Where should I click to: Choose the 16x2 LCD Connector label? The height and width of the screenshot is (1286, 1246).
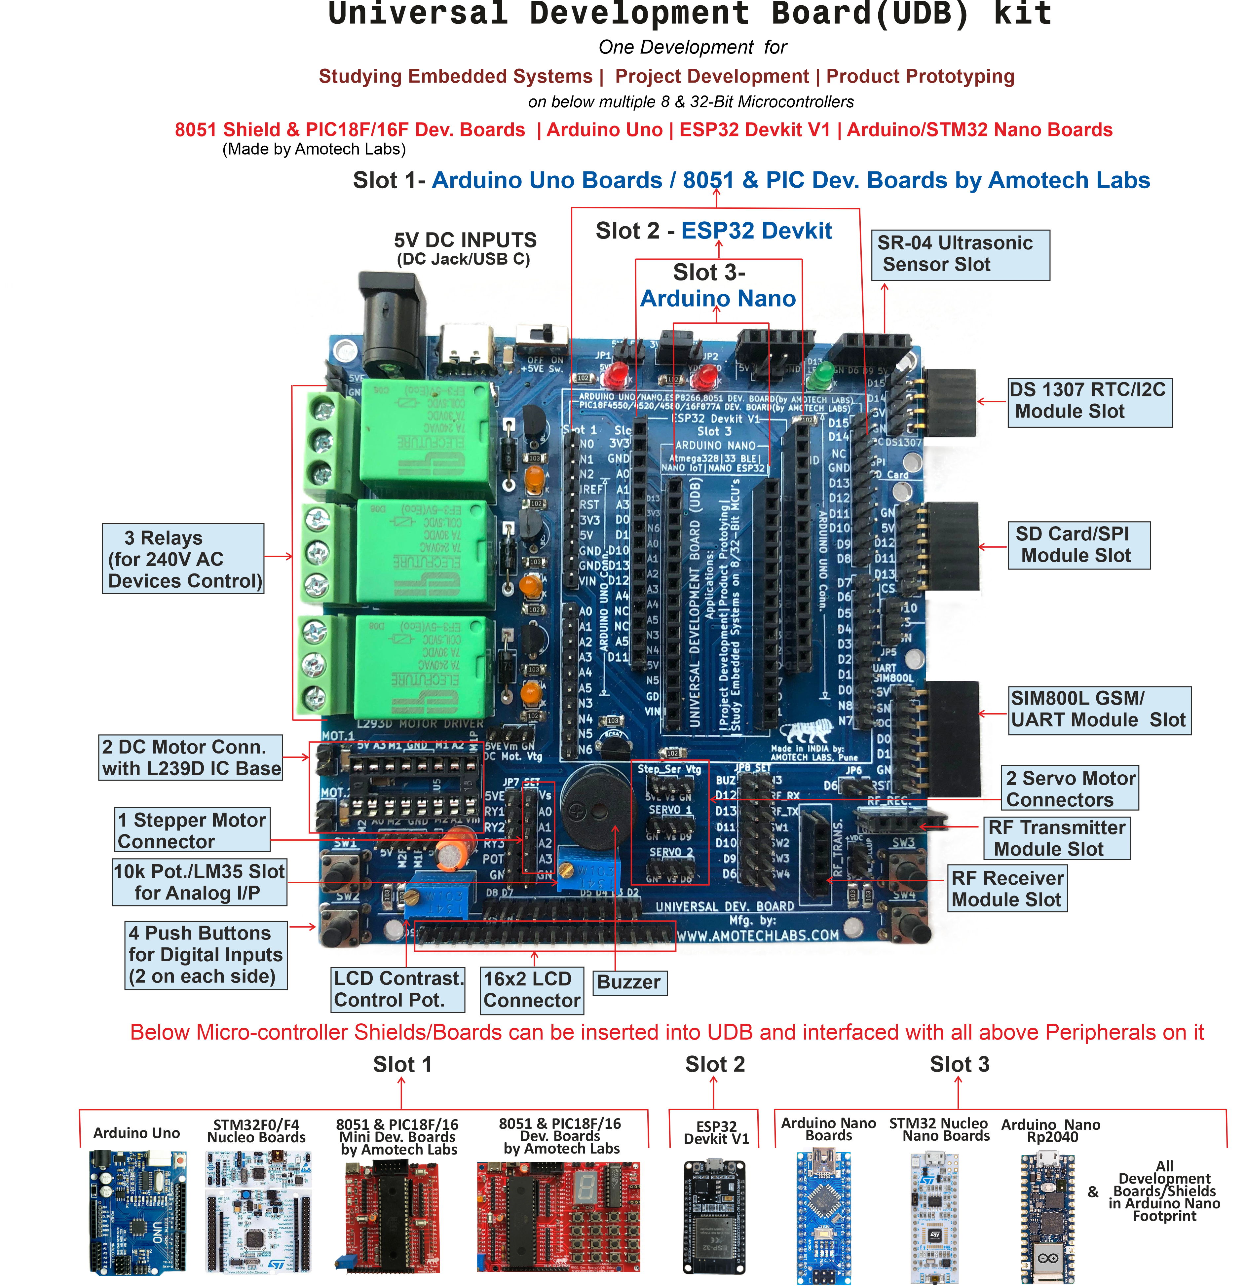(531, 989)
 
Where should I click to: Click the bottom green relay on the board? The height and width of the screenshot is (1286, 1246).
(423, 666)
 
